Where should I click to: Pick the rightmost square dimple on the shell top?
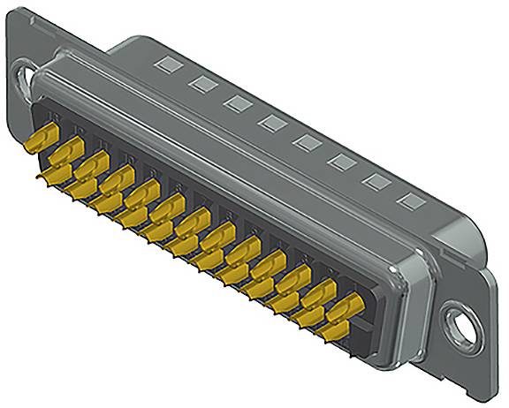pyautogui.click(x=407, y=200)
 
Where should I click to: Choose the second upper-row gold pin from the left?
pyautogui.click(x=69, y=152)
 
